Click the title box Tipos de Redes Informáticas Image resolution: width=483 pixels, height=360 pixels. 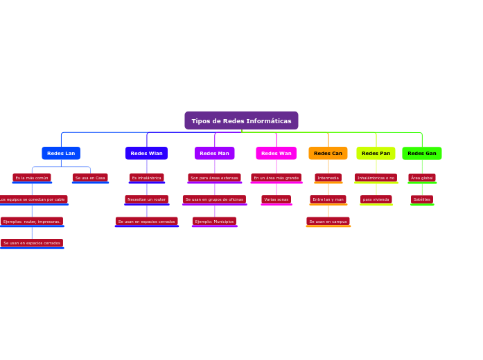pyautogui.click(x=241, y=120)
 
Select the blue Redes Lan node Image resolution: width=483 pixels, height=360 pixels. pyautogui.click(x=61, y=153)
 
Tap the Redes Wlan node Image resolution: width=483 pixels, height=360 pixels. pyautogui.click(x=146, y=153)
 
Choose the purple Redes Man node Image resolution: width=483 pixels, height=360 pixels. pyautogui.click(x=214, y=153)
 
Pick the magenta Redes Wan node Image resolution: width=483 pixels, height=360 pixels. pyautogui.click(x=276, y=153)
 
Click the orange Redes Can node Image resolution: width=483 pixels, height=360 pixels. pyautogui.click(x=328, y=153)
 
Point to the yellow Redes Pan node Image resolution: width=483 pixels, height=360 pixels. pyautogui.click(x=376, y=153)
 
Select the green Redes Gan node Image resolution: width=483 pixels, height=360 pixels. pyautogui.click(x=422, y=153)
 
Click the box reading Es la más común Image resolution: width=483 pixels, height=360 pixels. pyautogui.click(x=32, y=178)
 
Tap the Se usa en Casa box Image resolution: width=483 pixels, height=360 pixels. pyautogui.click(x=90, y=178)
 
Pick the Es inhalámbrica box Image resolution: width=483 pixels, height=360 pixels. pyautogui.click(x=146, y=178)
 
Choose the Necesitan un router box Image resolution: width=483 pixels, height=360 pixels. pyautogui.click(x=146, y=199)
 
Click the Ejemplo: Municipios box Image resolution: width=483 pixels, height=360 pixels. pyautogui.click(x=214, y=222)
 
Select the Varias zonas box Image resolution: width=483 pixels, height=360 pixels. pyautogui.click(x=276, y=199)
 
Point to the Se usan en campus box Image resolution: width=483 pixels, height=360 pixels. pyautogui.click(x=328, y=222)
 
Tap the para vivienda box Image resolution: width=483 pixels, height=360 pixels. pyautogui.click(x=376, y=199)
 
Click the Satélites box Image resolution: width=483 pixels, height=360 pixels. pyautogui.click(x=422, y=199)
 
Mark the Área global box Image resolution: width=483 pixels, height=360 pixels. pyautogui.click(x=422, y=178)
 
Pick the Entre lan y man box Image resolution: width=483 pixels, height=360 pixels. pyautogui.click(x=328, y=199)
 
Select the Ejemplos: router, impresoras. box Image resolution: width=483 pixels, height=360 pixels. pyautogui.click(x=32, y=222)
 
